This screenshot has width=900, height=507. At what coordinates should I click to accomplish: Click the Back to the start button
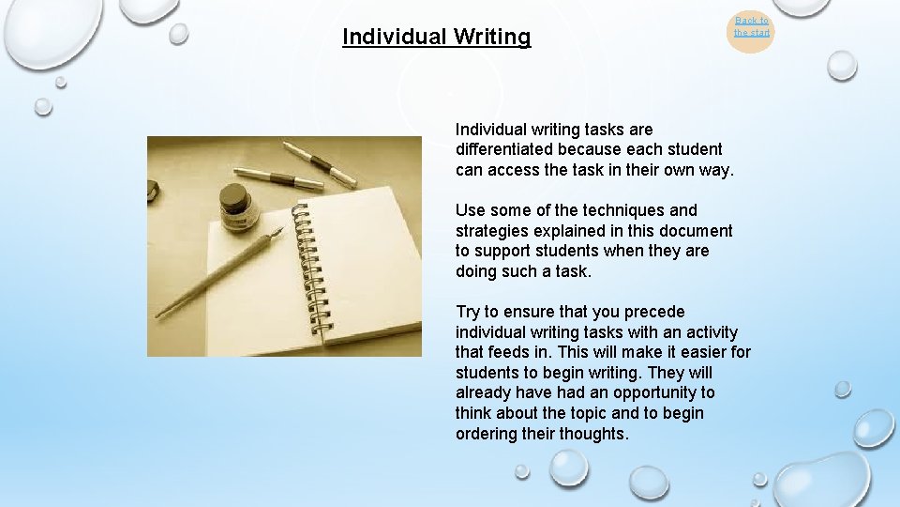pos(751,26)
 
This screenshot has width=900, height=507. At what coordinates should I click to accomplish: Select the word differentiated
pos(504,149)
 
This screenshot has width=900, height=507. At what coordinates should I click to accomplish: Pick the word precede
pos(653,312)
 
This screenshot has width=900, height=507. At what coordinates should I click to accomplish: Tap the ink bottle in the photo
pos(235,207)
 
